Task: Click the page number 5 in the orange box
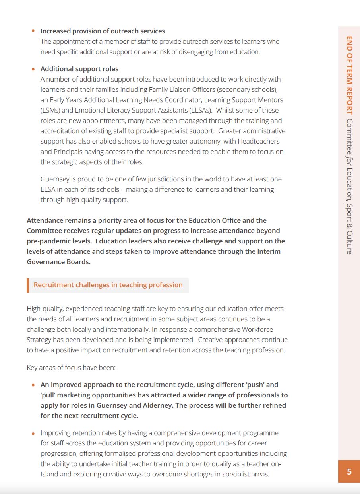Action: [349, 471]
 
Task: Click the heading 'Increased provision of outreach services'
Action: [103, 31]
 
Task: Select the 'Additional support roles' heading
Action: [79, 69]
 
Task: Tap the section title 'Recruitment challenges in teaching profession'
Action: [108, 285]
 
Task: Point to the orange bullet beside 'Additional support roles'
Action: [33, 69]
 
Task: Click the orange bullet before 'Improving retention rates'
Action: [33, 433]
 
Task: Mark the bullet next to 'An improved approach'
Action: [33, 385]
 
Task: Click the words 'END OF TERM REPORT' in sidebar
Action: [349, 76]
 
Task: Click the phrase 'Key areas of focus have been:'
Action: [71, 368]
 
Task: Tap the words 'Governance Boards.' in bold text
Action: [58, 262]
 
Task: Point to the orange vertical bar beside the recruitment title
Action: [28, 285]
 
